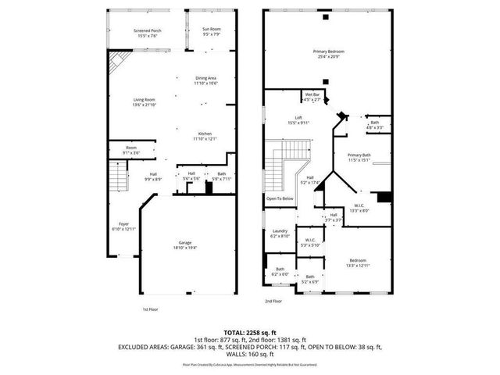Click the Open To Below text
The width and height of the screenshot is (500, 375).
280,198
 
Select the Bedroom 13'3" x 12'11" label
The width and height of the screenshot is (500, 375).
357,263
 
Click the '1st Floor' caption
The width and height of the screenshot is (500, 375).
152,309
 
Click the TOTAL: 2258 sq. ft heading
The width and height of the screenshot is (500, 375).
249,331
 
